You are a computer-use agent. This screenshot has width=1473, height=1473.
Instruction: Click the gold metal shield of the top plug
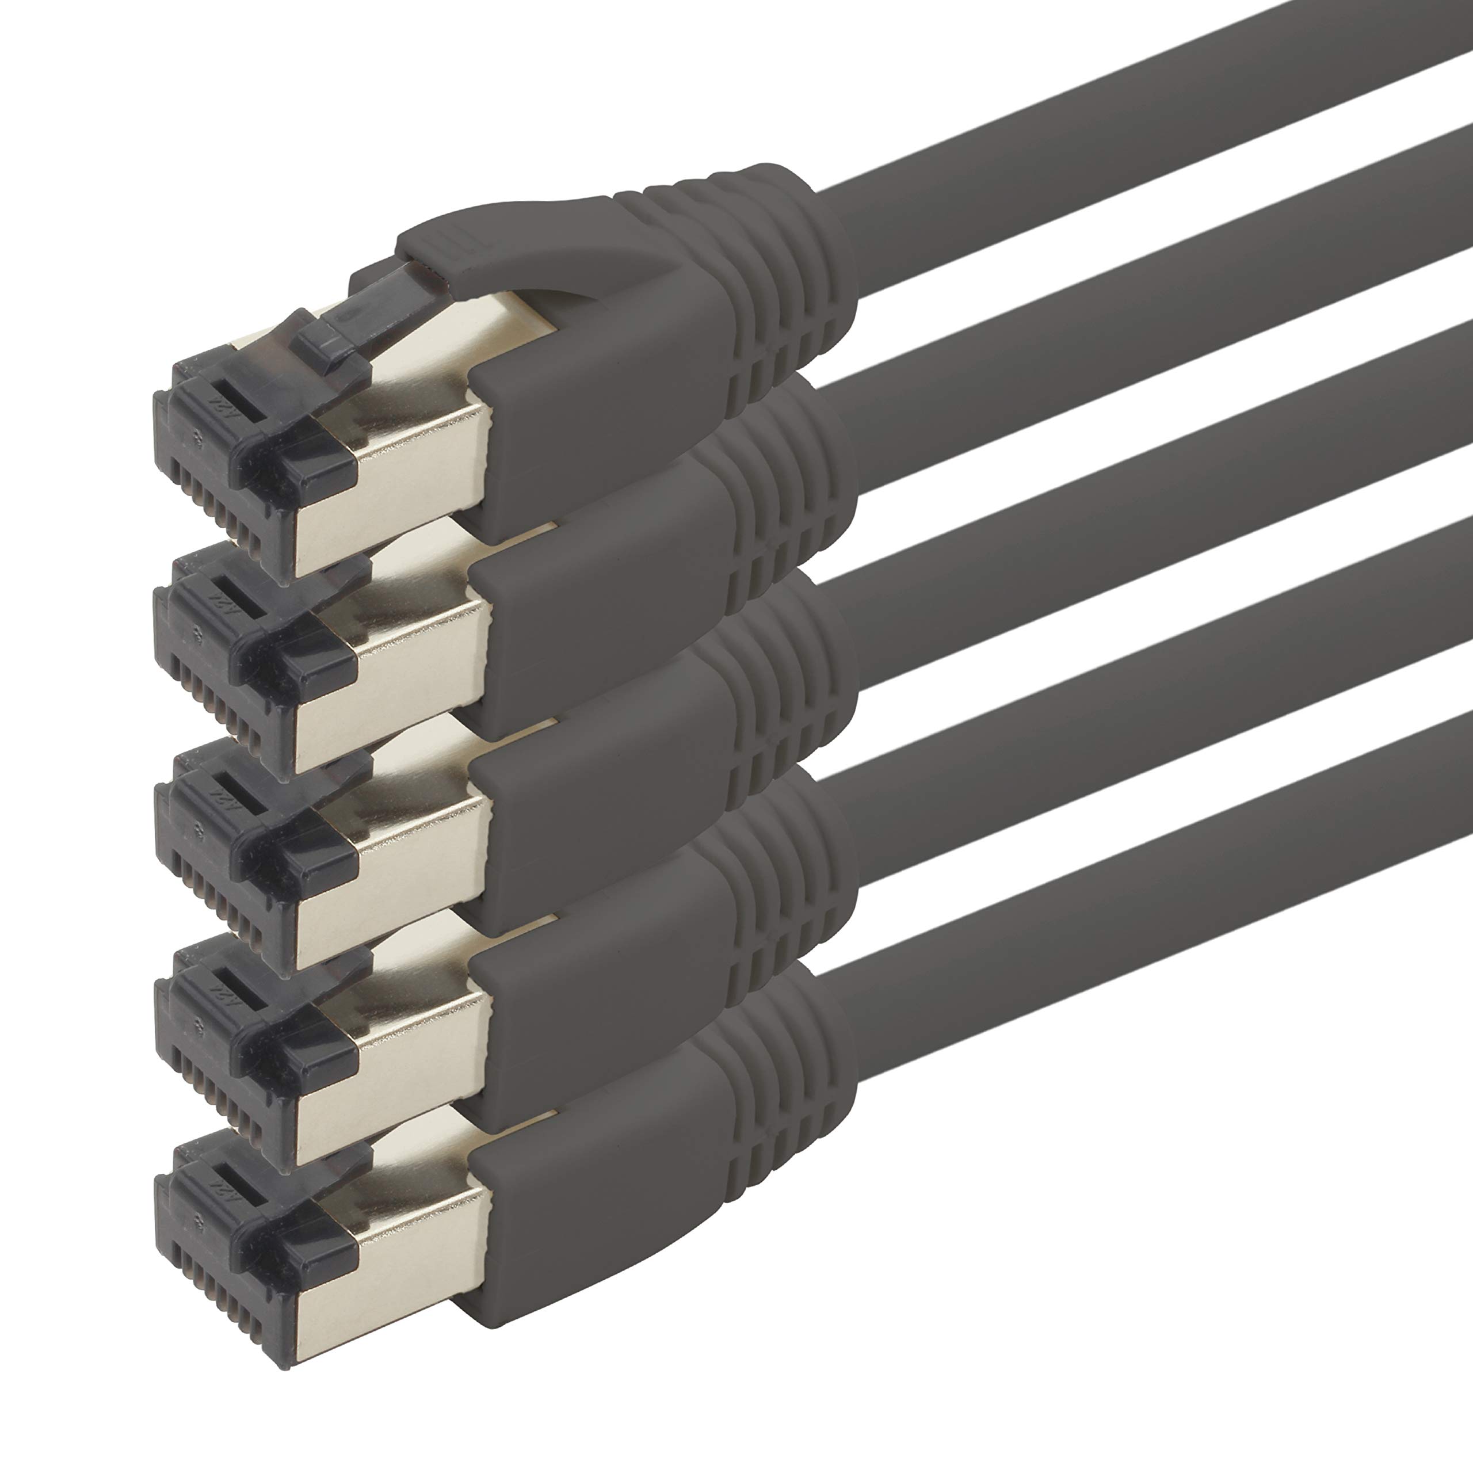click(396, 488)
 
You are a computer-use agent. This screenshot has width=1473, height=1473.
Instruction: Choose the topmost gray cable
click(1144, 84)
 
